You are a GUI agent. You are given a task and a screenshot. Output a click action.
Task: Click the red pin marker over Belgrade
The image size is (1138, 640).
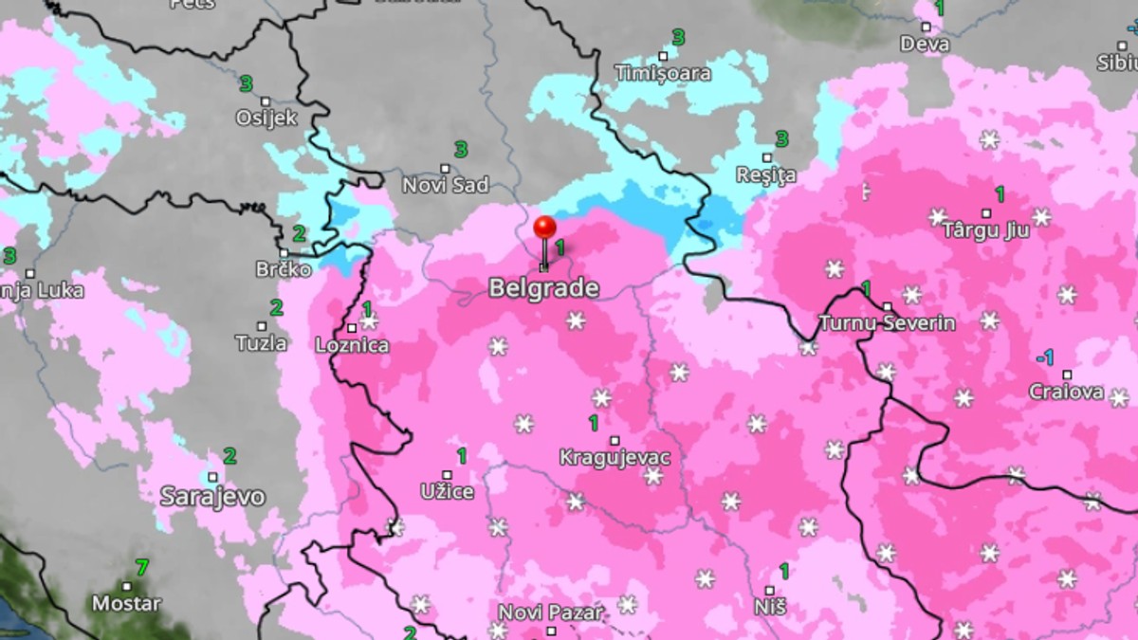click(544, 229)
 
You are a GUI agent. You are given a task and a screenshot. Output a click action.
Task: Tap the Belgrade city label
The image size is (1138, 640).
click(543, 288)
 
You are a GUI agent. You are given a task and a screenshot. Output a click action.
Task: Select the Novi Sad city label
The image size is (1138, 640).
click(446, 185)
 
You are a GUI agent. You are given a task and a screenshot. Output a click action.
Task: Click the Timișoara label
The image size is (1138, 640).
click(661, 73)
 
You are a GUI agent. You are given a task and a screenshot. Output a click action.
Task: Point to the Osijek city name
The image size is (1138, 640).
click(266, 119)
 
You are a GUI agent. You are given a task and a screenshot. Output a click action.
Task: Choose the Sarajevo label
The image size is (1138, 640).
click(212, 496)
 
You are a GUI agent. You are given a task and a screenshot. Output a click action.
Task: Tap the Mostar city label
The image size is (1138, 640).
click(126, 603)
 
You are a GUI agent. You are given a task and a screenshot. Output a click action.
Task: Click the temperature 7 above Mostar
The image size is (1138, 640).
click(141, 568)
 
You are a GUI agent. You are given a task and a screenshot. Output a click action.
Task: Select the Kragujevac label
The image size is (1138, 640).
click(615, 458)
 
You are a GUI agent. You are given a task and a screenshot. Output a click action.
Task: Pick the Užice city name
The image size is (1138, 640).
click(447, 492)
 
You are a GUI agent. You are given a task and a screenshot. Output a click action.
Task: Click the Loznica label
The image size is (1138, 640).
click(352, 345)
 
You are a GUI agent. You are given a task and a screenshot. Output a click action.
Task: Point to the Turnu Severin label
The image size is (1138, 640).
click(887, 322)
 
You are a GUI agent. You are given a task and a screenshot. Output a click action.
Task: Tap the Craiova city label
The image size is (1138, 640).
click(1067, 392)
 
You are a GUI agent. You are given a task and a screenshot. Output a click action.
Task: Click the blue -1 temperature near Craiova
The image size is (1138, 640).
click(1044, 357)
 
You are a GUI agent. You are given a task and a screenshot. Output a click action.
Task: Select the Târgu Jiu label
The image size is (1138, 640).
click(985, 230)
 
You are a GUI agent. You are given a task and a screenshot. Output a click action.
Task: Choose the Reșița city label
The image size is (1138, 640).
click(766, 175)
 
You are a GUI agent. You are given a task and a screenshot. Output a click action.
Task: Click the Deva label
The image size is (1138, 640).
click(925, 44)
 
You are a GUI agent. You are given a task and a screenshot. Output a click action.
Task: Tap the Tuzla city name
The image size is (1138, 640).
click(262, 343)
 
